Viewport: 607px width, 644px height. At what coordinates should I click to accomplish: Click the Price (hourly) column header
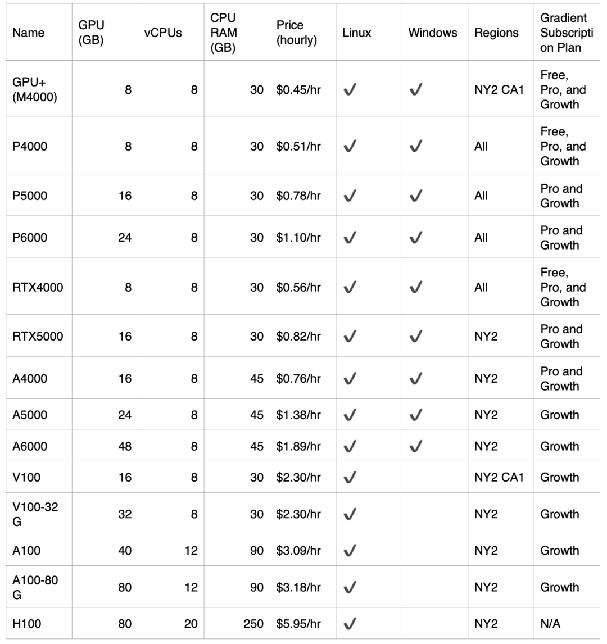tap(297, 33)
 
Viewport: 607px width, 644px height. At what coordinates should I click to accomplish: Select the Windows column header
tap(432, 33)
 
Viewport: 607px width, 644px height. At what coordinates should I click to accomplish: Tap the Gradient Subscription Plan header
tap(564, 33)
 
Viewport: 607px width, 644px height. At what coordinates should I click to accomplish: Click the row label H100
tap(27, 623)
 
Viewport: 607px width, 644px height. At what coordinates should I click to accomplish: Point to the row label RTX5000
tap(38, 336)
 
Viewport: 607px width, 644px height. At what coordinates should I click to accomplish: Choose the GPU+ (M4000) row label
tap(35, 89)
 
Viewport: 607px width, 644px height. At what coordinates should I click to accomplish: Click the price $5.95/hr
tap(298, 623)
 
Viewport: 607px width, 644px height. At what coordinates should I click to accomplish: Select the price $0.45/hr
tap(298, 89)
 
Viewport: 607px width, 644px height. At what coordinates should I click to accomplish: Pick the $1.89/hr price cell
tap(298, 446)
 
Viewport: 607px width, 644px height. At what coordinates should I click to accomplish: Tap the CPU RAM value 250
tap(253, 623)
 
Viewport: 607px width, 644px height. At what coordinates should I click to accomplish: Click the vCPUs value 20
tap(191, 623)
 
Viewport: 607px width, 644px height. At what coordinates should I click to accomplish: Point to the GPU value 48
tap(125, 446)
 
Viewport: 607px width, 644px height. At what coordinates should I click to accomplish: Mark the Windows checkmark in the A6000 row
tap(416, 446)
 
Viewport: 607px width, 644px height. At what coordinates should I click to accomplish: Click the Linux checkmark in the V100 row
tap(350, 477)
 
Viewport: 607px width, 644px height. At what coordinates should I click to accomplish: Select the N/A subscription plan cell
tap(550, 623)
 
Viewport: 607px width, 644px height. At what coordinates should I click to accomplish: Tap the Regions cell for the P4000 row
tap(481, 146)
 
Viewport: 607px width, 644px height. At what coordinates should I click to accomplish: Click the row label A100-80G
tap(35, 587)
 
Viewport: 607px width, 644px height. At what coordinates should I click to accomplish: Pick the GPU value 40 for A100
tap(125, 550)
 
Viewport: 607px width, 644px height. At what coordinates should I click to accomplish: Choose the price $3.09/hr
tap(298, 550)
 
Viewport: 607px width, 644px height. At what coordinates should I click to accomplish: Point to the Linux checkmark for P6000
tap(350, 238)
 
